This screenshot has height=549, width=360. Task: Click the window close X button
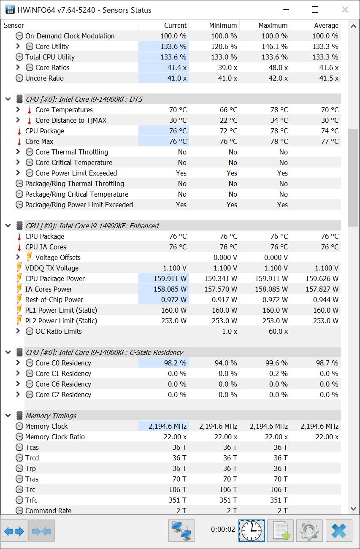tap(345, 10)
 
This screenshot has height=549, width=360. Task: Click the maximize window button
tap(315, 10)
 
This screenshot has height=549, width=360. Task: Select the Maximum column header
tap(273, 25)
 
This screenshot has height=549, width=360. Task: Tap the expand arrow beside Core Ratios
tap(18, 68)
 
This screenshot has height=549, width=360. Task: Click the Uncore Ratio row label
tap(44, 78)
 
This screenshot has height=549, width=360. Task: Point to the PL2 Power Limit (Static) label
tap(61, 321)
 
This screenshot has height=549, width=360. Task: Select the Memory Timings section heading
tap(51, 416)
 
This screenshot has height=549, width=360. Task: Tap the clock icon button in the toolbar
tap(252, 530)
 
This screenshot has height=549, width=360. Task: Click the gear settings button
tap(310, 530)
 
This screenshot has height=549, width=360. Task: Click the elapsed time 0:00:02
tap(223, 529)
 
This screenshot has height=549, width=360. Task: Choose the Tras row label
tap(32, 479)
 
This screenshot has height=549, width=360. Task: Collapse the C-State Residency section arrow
tap(8, 352)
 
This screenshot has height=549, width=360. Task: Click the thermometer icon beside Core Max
tap(19, 141)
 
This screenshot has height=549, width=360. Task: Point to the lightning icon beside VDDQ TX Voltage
tap(19, 268)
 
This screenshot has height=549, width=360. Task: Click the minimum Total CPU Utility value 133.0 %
tap(224, 57)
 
